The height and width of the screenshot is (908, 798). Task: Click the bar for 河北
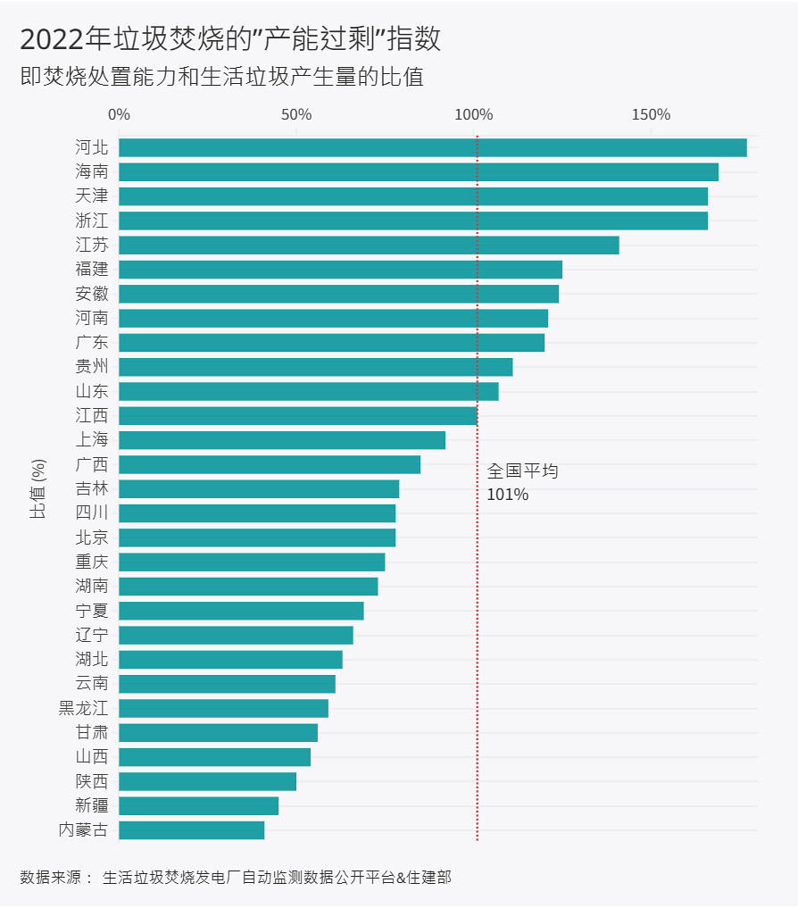(433, 147)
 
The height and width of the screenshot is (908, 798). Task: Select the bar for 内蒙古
(192, 829)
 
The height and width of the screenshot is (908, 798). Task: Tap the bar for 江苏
(369, 245)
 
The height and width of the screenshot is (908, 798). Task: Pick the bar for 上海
(282, 440)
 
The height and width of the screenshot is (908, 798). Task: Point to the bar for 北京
(257, 537)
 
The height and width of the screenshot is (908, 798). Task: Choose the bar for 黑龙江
(223, 708)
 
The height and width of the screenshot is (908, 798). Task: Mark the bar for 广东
(332, 342)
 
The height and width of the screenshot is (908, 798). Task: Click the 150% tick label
(651, 114)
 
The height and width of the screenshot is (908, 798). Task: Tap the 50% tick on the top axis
(296, 114)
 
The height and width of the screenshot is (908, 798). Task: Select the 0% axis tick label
(119, 114)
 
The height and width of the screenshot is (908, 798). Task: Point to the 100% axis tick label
(474, 114)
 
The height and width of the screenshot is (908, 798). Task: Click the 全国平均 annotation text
(522, 471)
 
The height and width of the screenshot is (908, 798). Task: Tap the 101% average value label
(507, 495)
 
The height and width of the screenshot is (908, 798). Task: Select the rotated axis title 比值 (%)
(37, 488)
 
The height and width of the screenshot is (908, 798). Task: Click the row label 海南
(92, 171)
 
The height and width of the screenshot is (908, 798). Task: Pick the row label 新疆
(92, 805)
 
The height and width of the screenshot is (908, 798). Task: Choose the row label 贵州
(92, 367)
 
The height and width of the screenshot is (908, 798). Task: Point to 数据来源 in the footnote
(50, 878)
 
